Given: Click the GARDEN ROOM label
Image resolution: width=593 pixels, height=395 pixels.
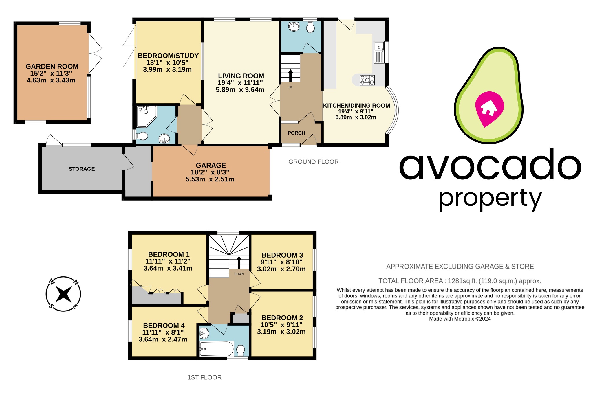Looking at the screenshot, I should tap(52, 67).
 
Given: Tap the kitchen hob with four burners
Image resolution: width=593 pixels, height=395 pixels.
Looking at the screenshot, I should tap(367, 80).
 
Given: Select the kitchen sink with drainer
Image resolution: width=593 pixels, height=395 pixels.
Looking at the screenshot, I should tap(379, 52).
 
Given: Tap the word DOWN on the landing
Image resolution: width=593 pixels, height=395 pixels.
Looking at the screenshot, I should tap(239, 274).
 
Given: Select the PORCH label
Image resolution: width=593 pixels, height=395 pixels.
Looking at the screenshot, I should tap(296, 133).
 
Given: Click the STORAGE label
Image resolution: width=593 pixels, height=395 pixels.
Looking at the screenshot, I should tap(82, 169).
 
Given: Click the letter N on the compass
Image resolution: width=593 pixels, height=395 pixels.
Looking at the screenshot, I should tap(76, 282).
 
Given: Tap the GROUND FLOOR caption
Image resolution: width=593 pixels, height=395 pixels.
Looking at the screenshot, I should tap(313, 162).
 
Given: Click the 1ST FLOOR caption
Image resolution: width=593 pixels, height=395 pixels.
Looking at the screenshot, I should tap(204, 377).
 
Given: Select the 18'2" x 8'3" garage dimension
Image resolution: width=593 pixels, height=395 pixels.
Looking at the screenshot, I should tap(210, 172).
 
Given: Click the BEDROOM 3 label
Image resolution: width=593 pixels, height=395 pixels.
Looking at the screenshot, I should tap(282, 255).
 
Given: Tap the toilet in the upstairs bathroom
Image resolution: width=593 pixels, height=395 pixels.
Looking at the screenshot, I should tap(240, 350).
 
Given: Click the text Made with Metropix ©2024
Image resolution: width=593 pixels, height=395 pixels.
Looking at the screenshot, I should tap(460, 319).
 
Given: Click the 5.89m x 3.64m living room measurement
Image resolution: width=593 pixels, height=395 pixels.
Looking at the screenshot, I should tap(240, 90).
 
